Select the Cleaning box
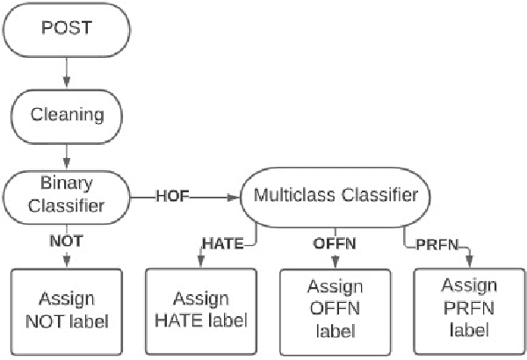coord(66,113)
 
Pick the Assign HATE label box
coord(201,310)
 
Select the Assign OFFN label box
coord(334,310)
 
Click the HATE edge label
coord(222,243)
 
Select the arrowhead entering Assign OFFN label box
coord(335,263)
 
